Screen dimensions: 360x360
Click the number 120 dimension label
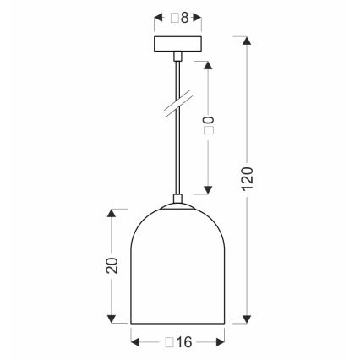pos(246,180)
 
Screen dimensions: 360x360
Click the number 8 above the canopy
pos(182,17)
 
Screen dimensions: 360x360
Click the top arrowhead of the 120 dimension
pos(246,39)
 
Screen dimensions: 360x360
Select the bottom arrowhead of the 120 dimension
pos(246,320)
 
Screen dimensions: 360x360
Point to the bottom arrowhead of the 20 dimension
pos(111,320)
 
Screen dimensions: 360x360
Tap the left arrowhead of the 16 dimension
pos(134,341)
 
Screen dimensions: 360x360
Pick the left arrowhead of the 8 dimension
pos(156,17)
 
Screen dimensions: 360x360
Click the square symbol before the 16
pos(169,341)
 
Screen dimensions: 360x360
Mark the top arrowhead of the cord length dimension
pos(209,64)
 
